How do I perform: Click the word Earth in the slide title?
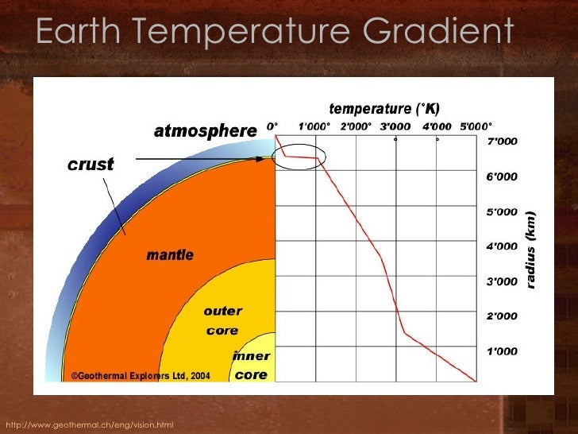pos(80,33)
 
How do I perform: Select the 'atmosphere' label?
pos(205,130)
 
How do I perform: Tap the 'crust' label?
pos(90,165)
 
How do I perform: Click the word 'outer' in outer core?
pos(222,311)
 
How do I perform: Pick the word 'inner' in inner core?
pos(251,355)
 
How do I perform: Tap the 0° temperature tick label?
pos(272,126)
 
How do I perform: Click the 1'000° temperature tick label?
pos(314,126)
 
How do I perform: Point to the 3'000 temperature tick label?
pos(396,126)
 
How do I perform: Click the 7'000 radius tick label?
pos(501,141)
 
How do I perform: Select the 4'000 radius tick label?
pos(501,246)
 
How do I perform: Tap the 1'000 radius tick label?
pos(501,351)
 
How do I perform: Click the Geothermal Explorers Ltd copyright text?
pos(141,376)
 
